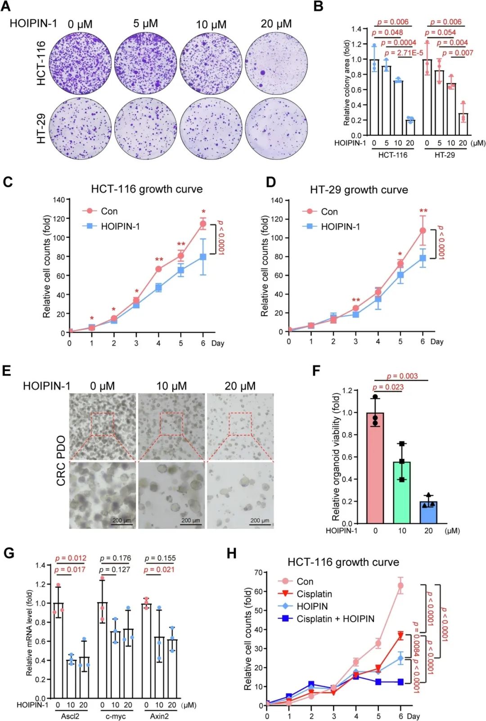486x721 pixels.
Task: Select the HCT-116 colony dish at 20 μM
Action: [x=277, y=63]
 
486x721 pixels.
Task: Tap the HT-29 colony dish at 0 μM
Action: [x=80, y=128]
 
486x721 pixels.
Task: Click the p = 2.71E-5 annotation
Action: [x=404, y=53]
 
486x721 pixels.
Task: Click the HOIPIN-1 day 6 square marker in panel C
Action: [x=203, y=257]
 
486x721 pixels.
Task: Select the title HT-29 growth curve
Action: [x=359, y=190]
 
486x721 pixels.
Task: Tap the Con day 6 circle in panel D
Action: [x=423, y=231]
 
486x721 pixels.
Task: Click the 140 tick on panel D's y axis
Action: [x=277, y=200]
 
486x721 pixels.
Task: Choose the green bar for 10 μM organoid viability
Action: [x=402, y=493]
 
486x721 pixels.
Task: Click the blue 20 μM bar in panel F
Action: [x=428, y=512]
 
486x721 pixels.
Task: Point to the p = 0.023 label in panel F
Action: [x=388, y=387]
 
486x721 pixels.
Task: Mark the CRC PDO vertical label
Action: [x=61, y=461]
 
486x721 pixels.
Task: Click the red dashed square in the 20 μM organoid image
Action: [x=240, y=424]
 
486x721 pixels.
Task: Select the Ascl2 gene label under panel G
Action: [x=70, y=716]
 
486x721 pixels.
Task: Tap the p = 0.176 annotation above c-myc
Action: [x=116, y=558]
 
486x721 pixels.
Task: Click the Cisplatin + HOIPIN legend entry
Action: [x=335, y=619]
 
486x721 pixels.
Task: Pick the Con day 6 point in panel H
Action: [x=400, y=586]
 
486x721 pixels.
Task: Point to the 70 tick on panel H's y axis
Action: [x=258, y=573]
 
